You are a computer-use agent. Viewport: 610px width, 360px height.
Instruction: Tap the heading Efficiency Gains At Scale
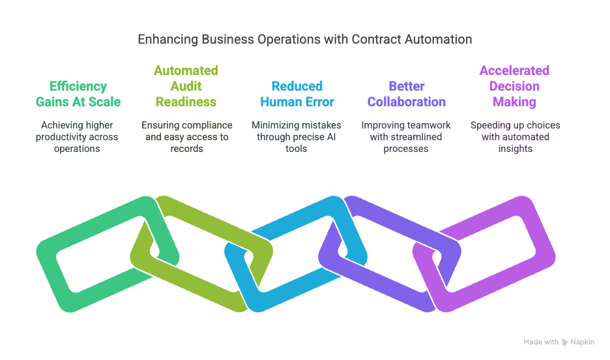coord(78,94)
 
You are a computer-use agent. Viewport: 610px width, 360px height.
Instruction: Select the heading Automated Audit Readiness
coord(186,86)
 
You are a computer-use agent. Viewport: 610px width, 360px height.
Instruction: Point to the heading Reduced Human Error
coord(297,94)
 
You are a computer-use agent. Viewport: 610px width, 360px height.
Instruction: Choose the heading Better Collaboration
coord(407,94)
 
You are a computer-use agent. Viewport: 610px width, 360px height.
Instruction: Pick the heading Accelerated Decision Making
coord(514,86)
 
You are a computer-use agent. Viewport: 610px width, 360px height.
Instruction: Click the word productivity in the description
coord(65,137)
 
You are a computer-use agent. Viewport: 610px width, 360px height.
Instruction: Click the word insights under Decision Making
coord(516,149)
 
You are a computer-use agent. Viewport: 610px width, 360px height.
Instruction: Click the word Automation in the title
coord(441,39)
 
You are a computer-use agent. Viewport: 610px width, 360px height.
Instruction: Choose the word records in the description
coord(187,149)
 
